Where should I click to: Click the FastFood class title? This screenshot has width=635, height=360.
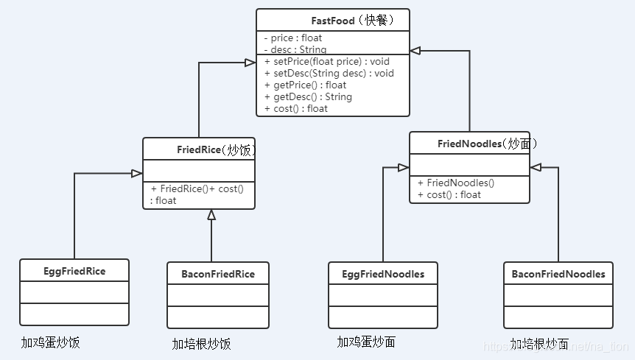333,20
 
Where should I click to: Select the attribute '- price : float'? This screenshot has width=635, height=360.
293,38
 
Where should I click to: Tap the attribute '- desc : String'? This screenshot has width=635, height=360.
295,49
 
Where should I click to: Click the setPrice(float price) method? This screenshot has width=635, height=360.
327,61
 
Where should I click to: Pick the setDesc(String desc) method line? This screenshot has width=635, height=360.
329,73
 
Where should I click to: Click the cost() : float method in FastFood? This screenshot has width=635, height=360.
296,108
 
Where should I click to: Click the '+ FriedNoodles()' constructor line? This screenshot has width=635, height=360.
455,183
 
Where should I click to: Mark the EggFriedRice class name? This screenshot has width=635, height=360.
74,271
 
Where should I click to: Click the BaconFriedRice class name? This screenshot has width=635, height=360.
218,274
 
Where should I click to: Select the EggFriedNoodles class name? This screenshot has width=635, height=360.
383,274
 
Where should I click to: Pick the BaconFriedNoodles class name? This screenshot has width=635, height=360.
558,274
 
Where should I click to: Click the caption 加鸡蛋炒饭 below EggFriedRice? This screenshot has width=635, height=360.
50,342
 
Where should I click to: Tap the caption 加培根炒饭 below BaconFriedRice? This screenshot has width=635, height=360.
201,344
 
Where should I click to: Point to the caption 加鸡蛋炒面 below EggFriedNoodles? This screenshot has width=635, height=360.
366,342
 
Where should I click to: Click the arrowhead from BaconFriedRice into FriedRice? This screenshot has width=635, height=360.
211,215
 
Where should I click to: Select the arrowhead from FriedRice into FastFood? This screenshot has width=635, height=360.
250,63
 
